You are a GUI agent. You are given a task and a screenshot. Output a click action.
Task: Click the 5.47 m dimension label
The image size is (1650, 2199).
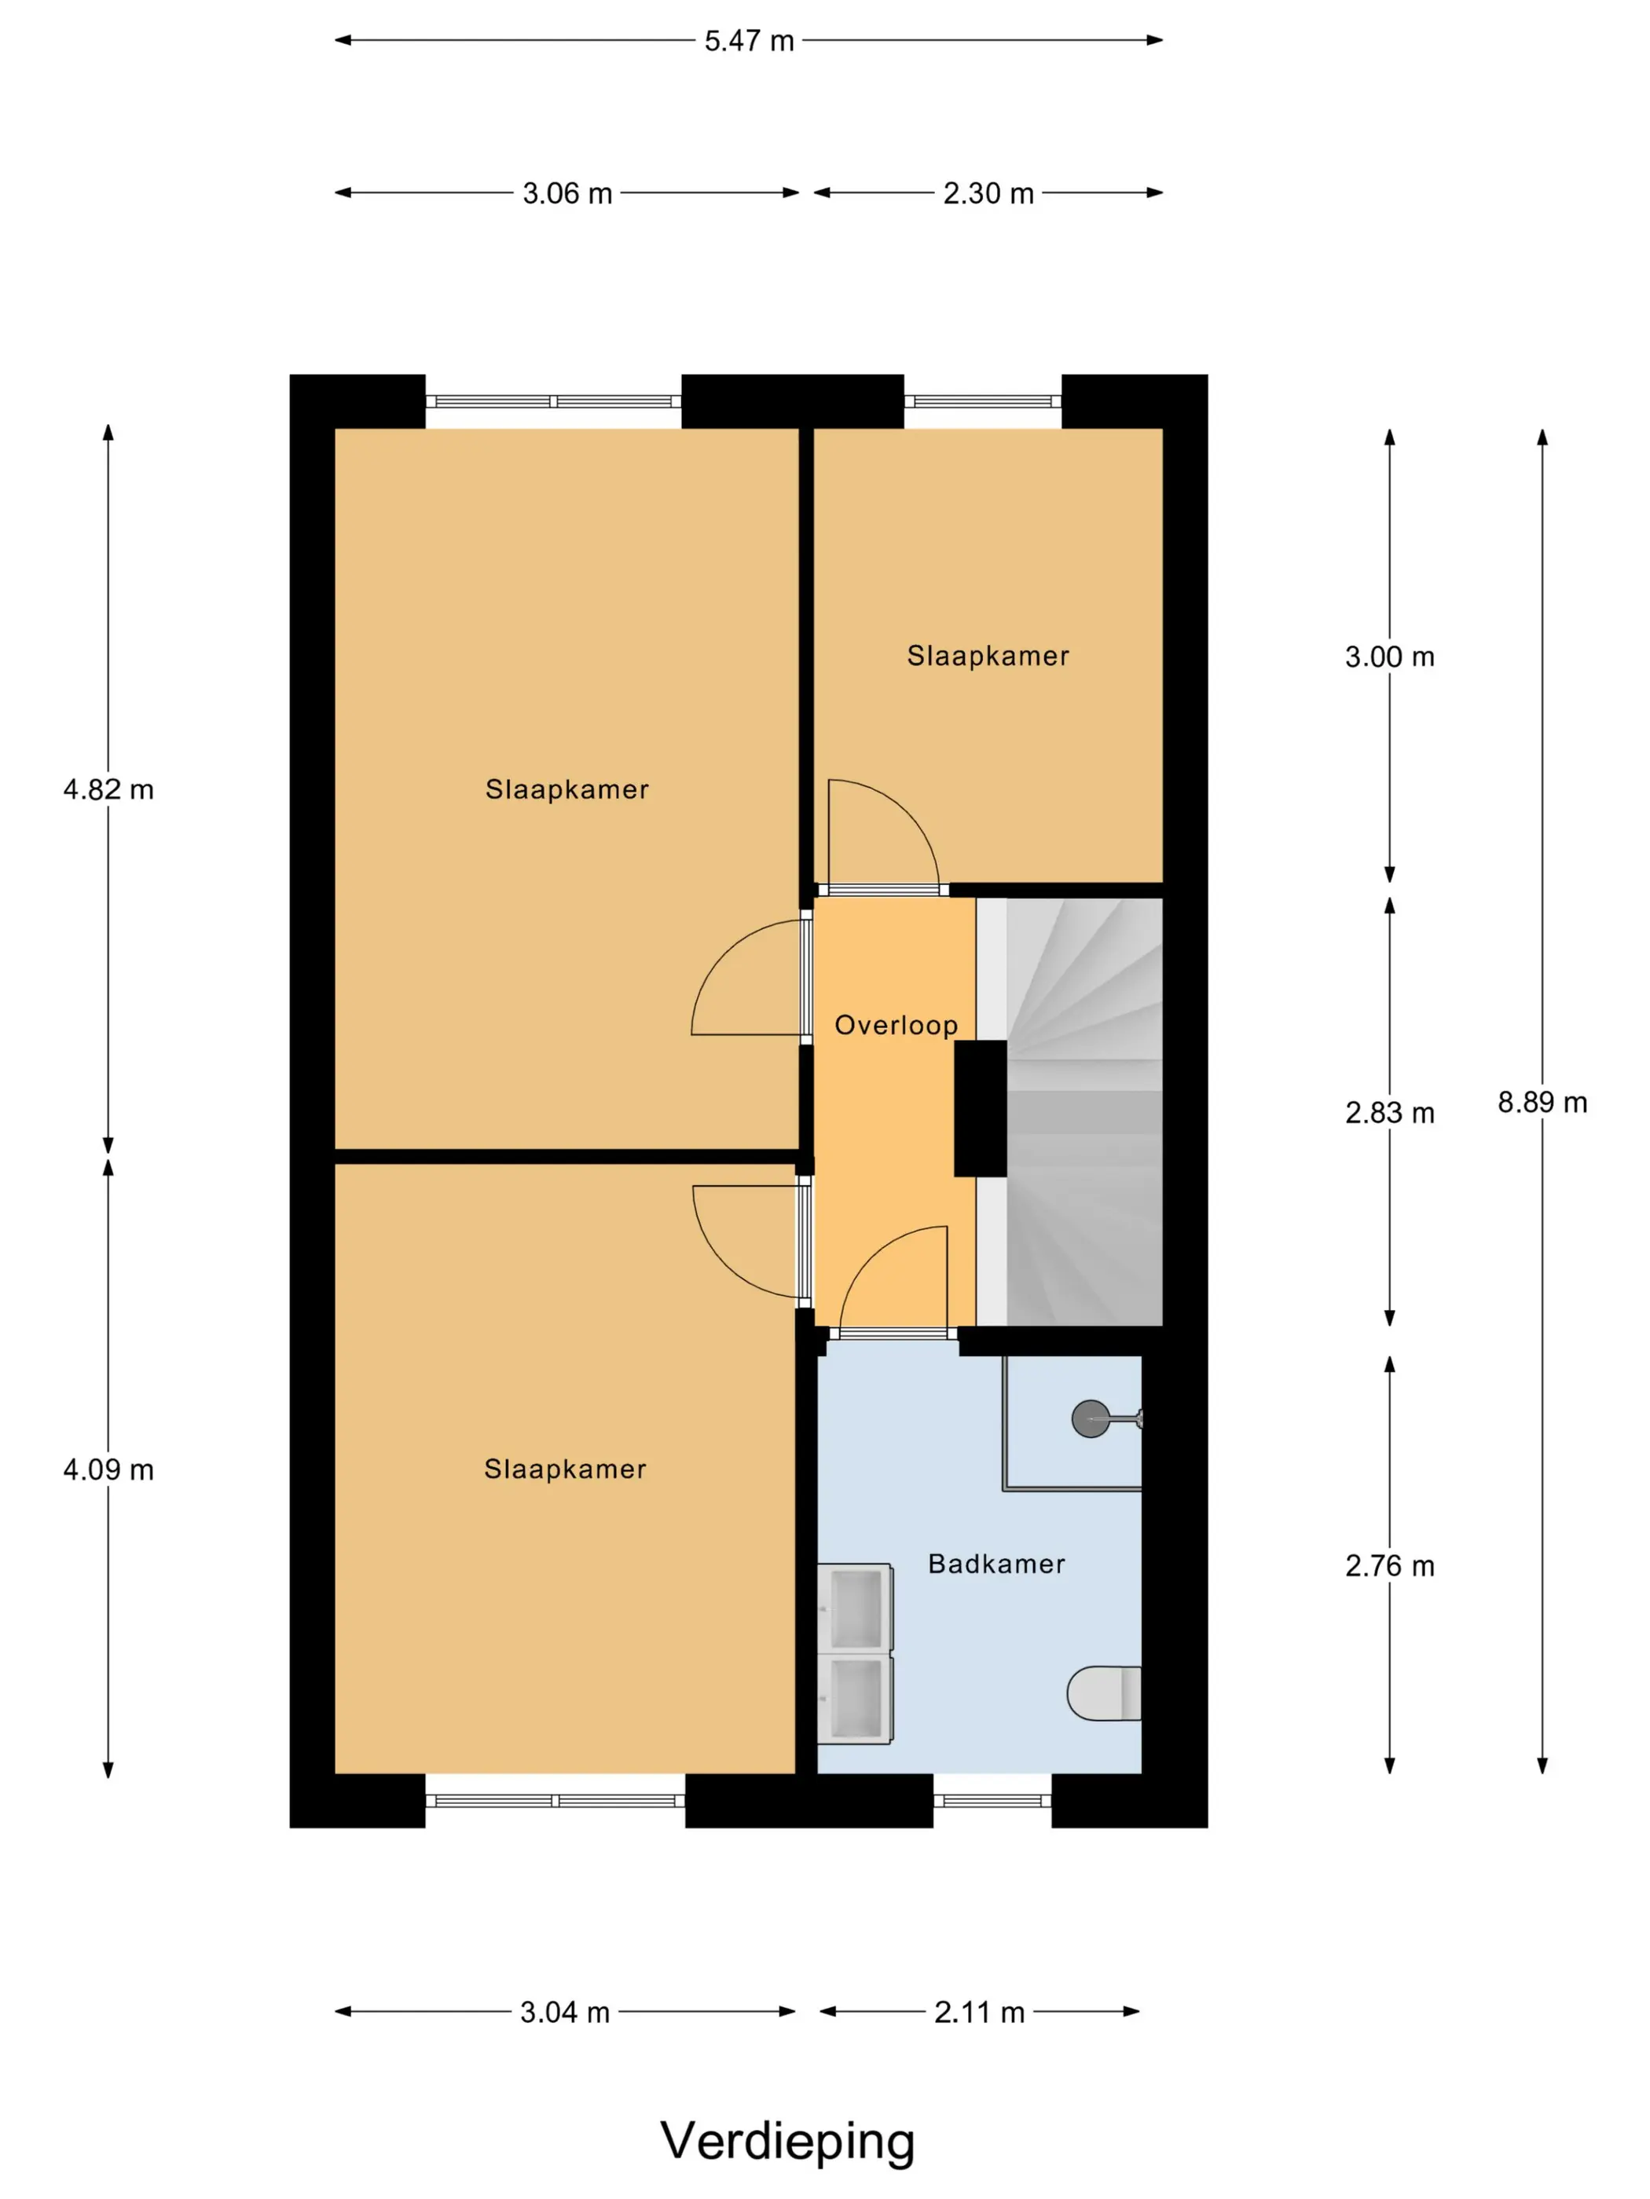click(749, 41)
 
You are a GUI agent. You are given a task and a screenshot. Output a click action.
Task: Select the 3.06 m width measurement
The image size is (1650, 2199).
click(567, 193)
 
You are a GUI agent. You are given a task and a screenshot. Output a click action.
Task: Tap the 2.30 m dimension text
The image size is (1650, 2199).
click(988, 193)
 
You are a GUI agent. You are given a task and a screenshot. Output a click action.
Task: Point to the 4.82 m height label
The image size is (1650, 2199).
click(108, 789)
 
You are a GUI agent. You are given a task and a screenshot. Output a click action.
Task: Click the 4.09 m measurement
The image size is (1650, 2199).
click(108, 1469)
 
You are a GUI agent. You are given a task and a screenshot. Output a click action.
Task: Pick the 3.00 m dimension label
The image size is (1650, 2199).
click(1389, 656)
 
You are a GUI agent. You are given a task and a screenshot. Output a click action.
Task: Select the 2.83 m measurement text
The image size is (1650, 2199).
click(1389, 1112)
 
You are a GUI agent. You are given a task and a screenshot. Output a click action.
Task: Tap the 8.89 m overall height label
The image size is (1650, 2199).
click(1542, 1102)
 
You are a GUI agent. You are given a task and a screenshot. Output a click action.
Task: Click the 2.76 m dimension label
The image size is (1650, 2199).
click(1389, 1566)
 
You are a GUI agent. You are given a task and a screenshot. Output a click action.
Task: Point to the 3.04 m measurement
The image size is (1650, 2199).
click(565, 2012)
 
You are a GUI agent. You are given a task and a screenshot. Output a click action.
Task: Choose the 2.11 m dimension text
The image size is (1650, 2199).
click(979, 2012)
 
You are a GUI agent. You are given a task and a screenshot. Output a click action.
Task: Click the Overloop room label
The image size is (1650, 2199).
click(896, 1025)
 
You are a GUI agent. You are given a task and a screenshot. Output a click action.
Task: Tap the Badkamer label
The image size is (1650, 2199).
click(996, 1564)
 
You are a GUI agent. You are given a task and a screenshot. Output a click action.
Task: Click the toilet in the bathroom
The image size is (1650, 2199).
click(1104, 1693)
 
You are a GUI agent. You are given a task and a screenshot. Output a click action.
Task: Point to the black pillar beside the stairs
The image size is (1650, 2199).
click(981, 1108)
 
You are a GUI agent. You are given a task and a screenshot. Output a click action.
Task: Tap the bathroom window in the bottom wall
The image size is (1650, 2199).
click(992, 1800)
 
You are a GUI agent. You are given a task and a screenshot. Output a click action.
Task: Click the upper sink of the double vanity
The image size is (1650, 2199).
click(856, 1608)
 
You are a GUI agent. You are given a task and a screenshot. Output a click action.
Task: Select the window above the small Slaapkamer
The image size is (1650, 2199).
click(983, 401)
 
